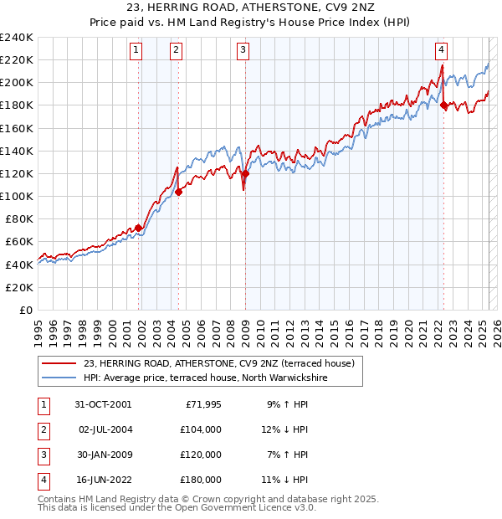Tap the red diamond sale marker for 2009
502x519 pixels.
tap(245, 174)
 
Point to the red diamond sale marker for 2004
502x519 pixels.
tap(178, 192)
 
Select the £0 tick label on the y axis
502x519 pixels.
tap(25, 310)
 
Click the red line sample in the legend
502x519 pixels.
tap(59, 363)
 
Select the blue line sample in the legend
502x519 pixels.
tap(59, 378)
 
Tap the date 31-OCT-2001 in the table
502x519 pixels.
tap(103, 404)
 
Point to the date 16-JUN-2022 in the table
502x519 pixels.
tap(103, 480)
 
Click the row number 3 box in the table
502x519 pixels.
tap(42, 455)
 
